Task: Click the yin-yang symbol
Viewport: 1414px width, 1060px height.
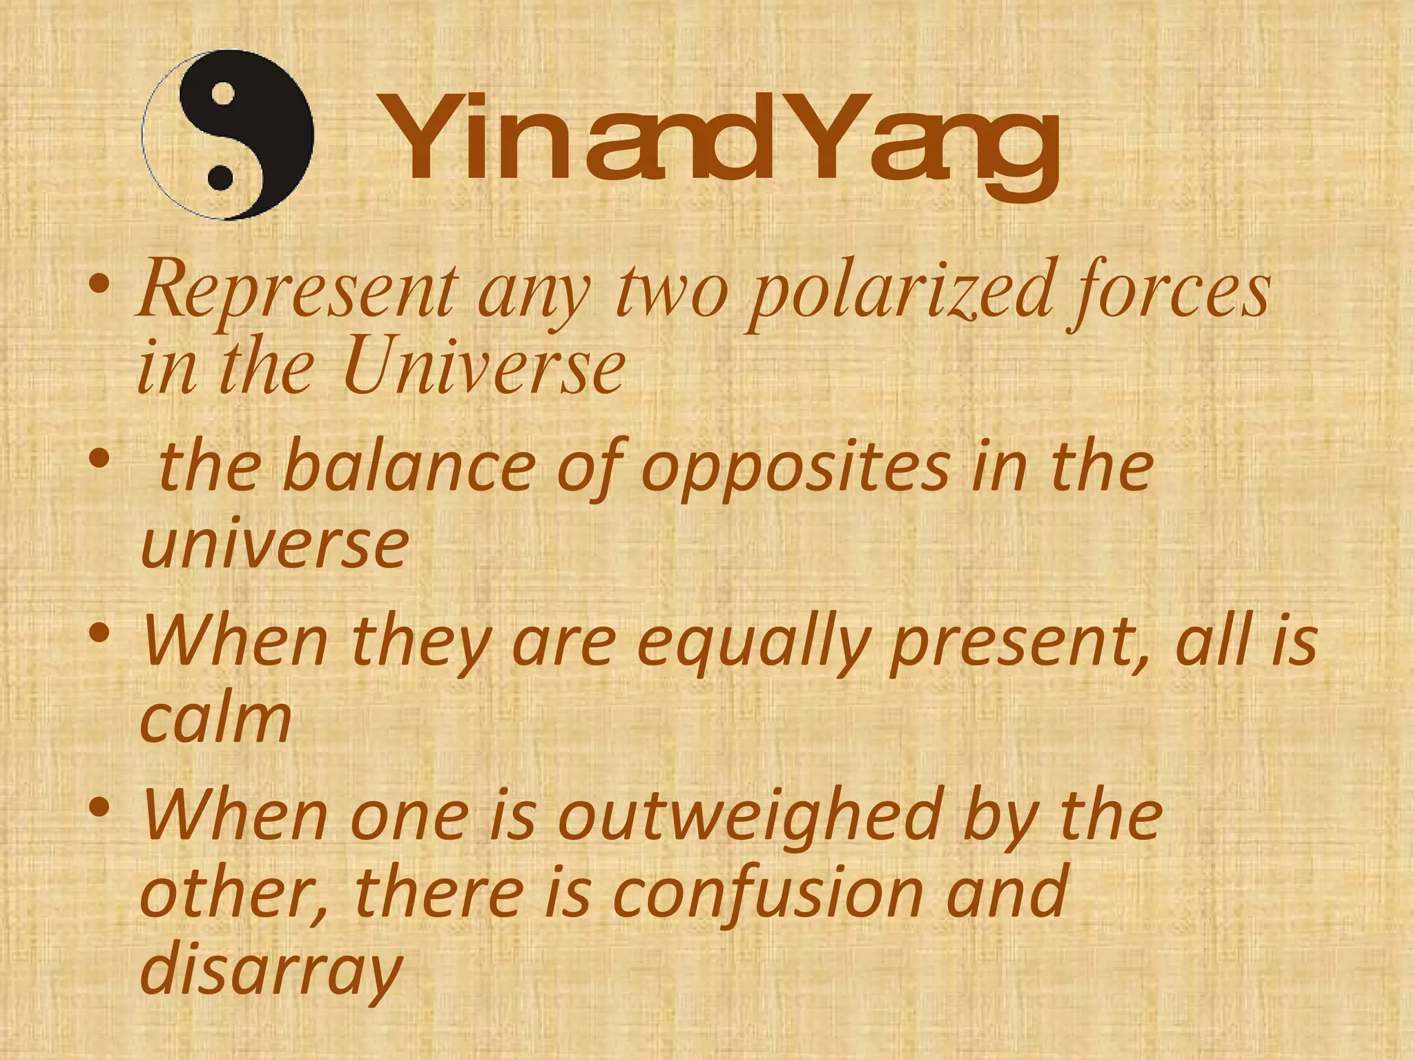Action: tap(228, 135)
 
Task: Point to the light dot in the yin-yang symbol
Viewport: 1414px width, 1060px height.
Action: tap(224, 95)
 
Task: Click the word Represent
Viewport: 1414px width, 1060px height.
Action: tap(298, 290)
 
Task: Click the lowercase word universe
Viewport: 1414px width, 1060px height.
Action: tap(275, 545)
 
